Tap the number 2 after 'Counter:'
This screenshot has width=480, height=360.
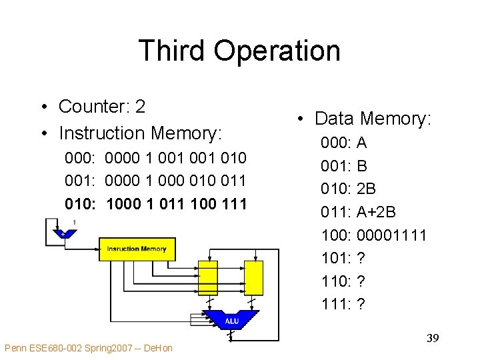coord(140,107)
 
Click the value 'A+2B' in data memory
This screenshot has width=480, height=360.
coord(377,212)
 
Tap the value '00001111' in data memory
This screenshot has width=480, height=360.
coord(392,235)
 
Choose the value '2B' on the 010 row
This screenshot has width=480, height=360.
coord(367,189)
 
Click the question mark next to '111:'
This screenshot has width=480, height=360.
coord(361,304)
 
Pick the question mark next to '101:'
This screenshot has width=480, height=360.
coord(361,258)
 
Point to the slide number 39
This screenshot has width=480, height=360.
coord(432,339)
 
